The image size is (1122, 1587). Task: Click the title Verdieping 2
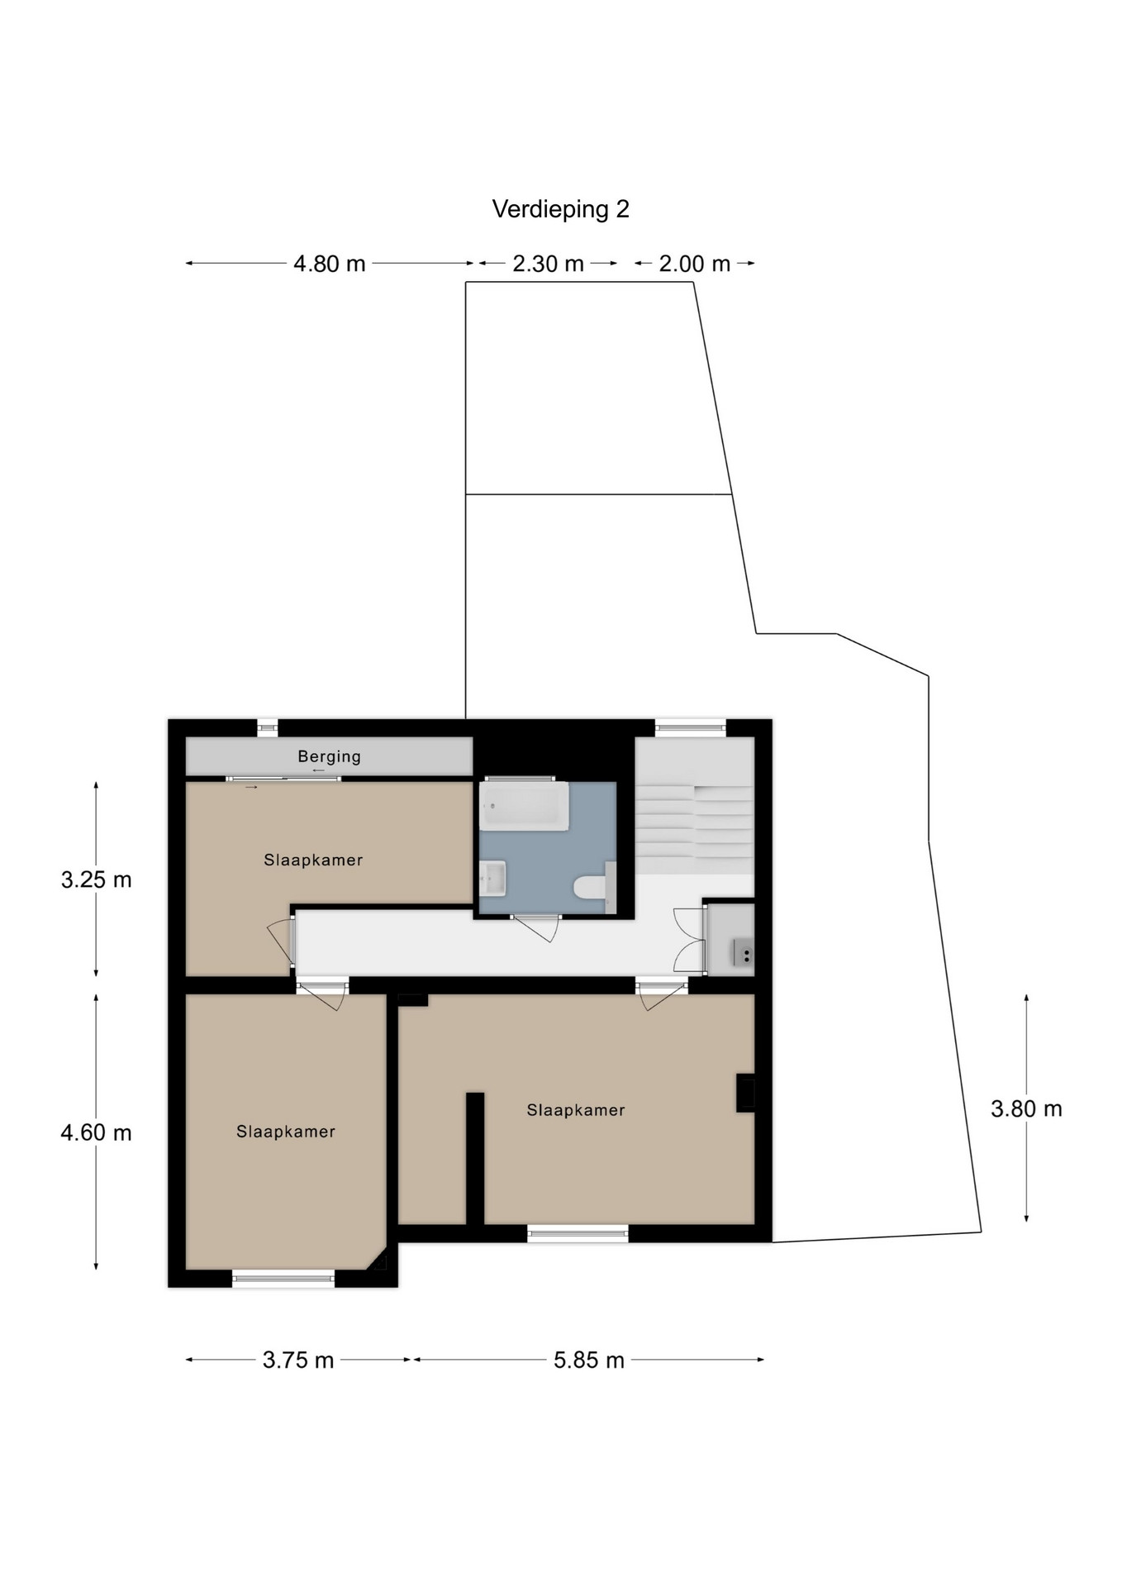(560, 209)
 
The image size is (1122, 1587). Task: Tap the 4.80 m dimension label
(329, 264)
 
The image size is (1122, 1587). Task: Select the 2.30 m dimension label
(548, 264)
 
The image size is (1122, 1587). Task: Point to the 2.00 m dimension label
(694, 264)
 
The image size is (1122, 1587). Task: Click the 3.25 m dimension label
(96, 879)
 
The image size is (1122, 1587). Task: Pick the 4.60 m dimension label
(96, 1132)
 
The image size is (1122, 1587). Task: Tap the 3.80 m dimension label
(1026, 1108)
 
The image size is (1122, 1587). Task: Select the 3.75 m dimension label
(298, 1360)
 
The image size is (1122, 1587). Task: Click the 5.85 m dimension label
(589, 1360)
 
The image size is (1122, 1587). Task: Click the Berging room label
(329, 756)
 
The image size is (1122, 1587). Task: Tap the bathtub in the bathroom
(524, 807)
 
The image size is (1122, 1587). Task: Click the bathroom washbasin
(493, 878)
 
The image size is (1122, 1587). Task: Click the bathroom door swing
(535, 928)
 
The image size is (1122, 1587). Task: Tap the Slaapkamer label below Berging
(313, 860)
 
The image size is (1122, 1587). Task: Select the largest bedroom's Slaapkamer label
(576, 1110)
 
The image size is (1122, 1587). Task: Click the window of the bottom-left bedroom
(283, 1279)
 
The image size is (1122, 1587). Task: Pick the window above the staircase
(691, 728)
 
